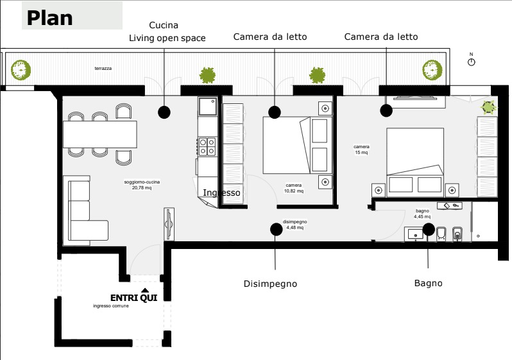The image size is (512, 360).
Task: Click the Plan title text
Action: [49, 18]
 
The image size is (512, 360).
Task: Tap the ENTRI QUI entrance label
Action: [134, 298]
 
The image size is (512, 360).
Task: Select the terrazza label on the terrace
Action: [103, 68]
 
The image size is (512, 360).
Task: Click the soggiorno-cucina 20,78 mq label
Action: [142, 185]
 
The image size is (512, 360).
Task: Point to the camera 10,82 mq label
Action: [294, 188]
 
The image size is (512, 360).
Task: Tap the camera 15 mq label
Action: [361, 150]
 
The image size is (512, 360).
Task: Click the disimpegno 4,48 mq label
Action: [295, 225]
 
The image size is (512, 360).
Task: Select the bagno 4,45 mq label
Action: [422, 214]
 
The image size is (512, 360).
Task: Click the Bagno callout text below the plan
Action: [429, 283]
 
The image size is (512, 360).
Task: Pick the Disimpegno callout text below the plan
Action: [270, 284]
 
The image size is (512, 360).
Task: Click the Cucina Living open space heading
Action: [167, 31]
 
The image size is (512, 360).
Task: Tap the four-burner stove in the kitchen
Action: [207, 146]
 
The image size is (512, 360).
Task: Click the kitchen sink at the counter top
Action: [208, 106]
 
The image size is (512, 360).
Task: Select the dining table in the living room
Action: [100, 134]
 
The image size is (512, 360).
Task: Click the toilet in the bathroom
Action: [441, 234]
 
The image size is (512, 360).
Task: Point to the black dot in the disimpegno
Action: [277, 229]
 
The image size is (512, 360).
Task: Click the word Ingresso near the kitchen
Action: [222, 193]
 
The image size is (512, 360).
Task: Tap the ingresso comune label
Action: [111, 306]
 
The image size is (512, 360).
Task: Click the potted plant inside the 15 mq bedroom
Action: [488, 107]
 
